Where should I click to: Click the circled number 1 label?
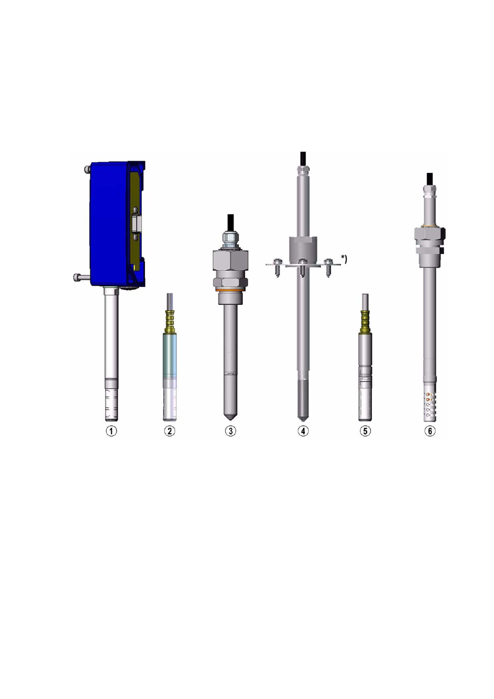coord(111,431)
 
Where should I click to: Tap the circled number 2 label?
coord(170,431)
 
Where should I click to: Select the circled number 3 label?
coord(230,431)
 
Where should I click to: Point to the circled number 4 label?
coord(303,431)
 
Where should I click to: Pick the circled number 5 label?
coord(366,431)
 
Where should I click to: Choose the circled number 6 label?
coord(430,431)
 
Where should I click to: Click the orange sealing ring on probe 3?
coord(230,291)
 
